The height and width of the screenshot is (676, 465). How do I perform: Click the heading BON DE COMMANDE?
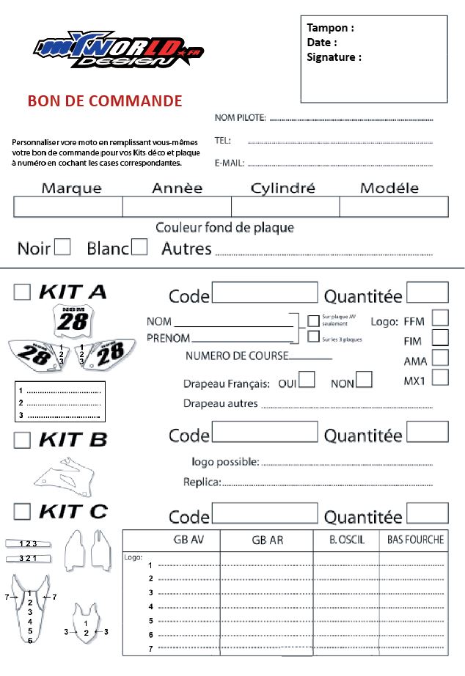click(105, 100)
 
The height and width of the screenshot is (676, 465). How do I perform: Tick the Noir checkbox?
click(62, 247)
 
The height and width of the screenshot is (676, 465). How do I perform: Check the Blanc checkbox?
click(139, 247)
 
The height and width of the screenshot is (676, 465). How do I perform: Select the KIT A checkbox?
click(23, 292)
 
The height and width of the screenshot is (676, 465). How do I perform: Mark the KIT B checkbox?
click(23, 440)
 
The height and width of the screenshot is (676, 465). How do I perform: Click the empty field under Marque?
click(67, 207)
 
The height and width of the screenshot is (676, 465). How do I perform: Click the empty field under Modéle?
click(393, 207)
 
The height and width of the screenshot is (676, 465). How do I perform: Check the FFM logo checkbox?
click(440, 318)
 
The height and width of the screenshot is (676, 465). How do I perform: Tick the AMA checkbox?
click(440, 358)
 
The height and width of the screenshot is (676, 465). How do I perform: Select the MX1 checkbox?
click(440, 378)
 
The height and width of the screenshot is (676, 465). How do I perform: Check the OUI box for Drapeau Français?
click(307, 380)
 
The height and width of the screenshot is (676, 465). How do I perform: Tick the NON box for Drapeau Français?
click(364, 380)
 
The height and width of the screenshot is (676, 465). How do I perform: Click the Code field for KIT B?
click(265, 432)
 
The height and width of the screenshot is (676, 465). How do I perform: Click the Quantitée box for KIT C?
click(427, 513)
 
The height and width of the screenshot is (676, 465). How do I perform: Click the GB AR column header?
click(267, 540)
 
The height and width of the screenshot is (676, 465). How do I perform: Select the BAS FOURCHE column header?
click(415, 540)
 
